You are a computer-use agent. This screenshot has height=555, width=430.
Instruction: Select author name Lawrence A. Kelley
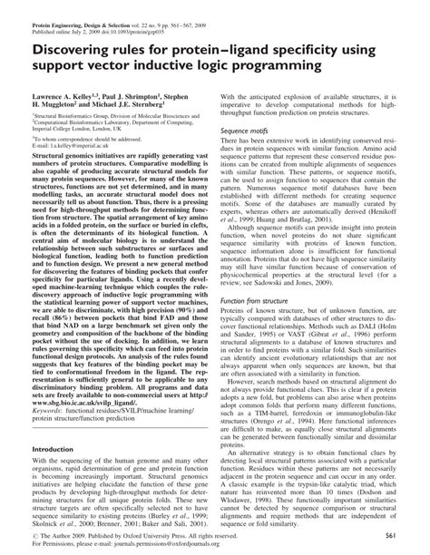click(64, 94)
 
